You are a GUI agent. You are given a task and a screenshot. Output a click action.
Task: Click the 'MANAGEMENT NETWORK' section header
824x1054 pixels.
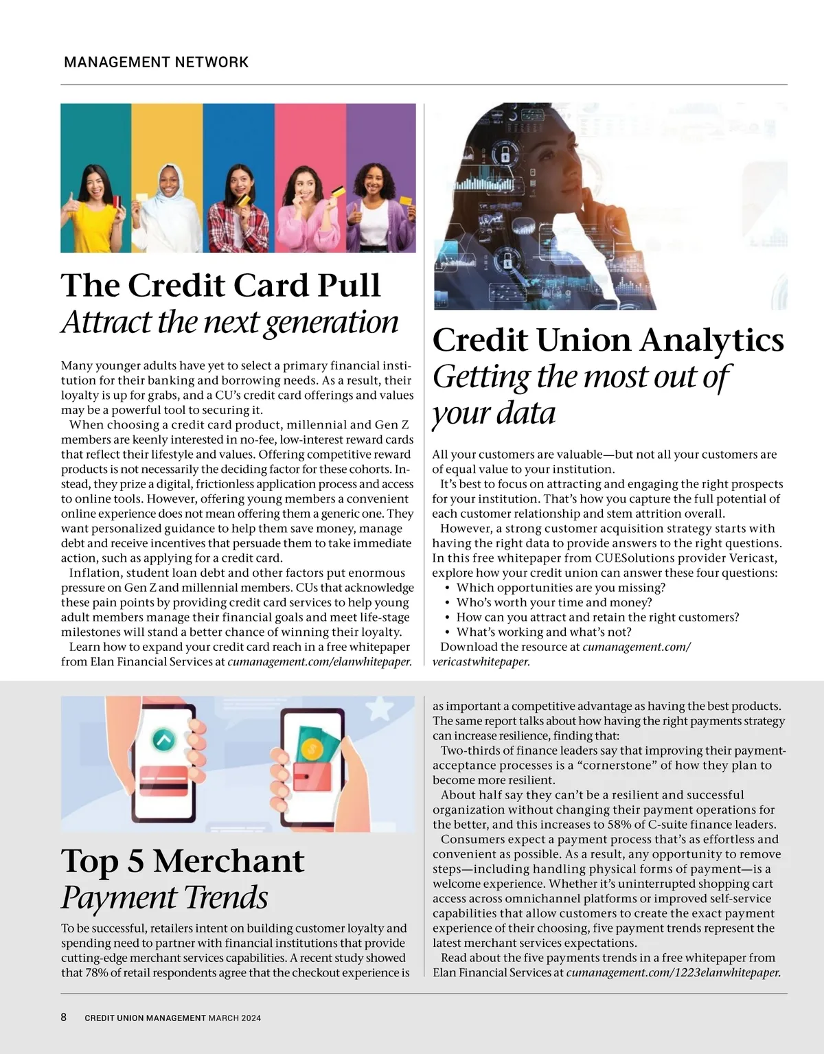156,62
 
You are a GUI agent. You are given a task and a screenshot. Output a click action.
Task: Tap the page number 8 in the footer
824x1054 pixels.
64,1018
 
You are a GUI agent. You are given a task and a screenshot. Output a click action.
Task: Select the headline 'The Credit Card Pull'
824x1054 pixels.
220,286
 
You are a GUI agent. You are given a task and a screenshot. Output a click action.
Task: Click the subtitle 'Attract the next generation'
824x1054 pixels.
229,322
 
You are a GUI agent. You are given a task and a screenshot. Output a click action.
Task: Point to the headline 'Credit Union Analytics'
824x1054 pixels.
608,340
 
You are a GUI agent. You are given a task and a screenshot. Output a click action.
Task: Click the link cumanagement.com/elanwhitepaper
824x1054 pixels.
319,662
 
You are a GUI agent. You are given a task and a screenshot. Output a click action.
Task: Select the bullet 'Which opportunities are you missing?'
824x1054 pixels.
560,588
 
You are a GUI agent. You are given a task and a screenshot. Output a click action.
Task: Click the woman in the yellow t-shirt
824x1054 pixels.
95,209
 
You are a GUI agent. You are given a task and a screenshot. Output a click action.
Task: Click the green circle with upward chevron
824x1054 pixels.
163,740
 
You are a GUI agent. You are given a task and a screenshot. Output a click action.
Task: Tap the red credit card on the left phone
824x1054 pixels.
163,781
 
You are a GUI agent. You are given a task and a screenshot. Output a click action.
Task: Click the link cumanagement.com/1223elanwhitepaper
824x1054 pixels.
673,973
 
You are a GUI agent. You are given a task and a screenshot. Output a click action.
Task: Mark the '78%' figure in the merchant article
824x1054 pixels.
98,973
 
